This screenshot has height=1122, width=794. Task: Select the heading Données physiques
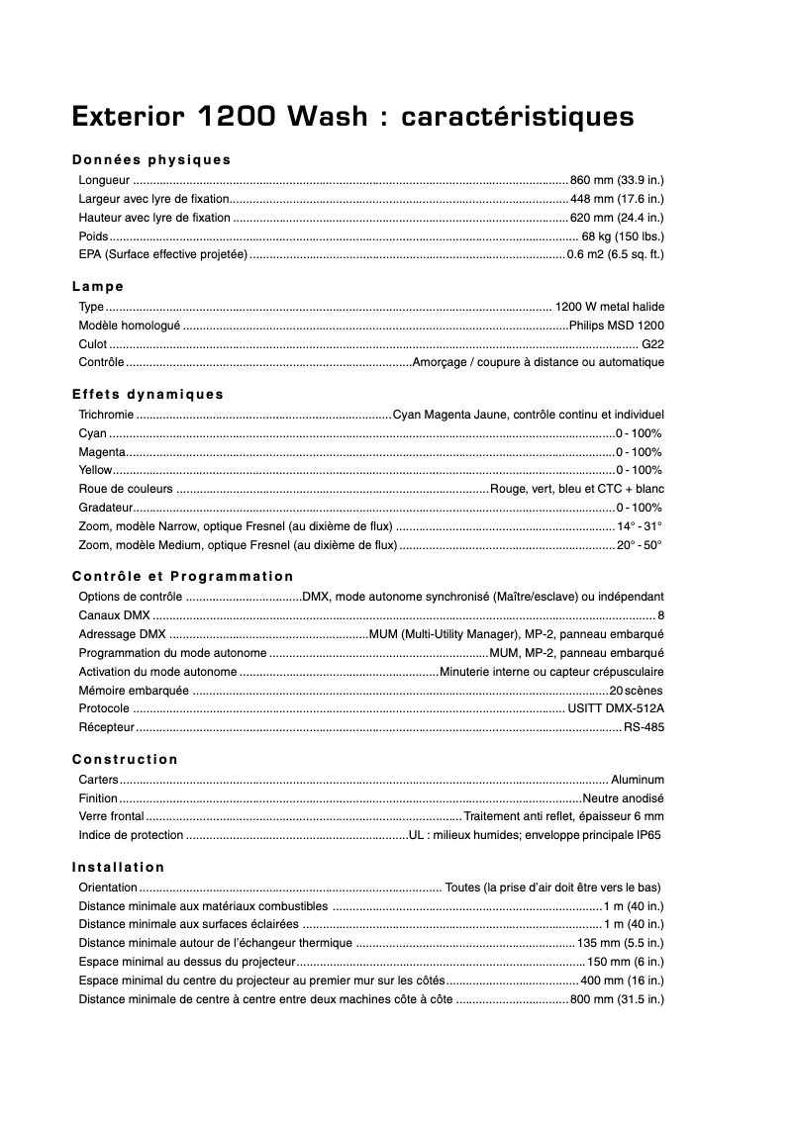(x=151, y=159)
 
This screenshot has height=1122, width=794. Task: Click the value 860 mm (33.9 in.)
(x=617, y=180)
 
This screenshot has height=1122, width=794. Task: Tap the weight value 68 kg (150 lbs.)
(x=623, y=236)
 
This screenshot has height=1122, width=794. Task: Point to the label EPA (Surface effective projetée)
(x=162, y=255)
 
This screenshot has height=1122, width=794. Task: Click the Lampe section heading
(x=98, y=287)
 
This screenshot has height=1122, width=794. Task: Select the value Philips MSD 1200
(x=617, y=326)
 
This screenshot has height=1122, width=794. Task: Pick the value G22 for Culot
(x=652, y=344)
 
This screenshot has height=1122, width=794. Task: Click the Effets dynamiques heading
(x=149, y=394)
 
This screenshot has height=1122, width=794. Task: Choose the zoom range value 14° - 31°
(x=640, y=526)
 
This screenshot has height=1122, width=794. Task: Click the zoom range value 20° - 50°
(x=640, y=545)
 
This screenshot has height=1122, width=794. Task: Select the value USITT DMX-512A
(x=616, y=708)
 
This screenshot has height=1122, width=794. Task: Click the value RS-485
(x=644, y=727)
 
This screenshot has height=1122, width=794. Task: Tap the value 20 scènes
(x=637, y=690)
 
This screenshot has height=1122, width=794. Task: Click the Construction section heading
(x=126, y=760)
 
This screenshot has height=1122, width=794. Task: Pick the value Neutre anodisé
(x=623, y=798)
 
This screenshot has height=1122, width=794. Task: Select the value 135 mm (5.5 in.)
(x=621, y=943)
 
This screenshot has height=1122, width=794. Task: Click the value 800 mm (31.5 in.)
(x=617, y=999)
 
